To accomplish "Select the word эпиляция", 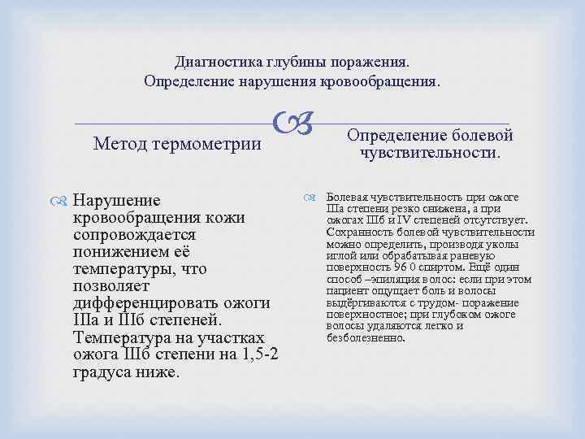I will pyautogui.click(x=396, y=279).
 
